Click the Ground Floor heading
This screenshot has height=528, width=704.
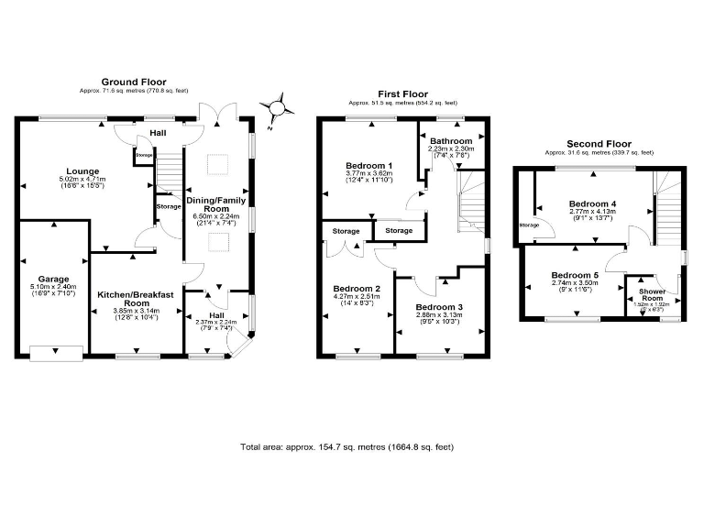pyautogui.click(x=134, y=82)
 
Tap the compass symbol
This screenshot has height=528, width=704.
pyautogui.click(x=276, y=109)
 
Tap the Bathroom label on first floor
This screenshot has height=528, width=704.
pyautogui.click(x=450, y=141)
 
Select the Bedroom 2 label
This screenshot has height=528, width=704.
pyautogui.click(x=352, y=287)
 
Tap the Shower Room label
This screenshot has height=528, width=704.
pyautogui.click(x=651, y=294)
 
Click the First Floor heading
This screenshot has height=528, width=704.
pyautogui.click(x=403, y=93)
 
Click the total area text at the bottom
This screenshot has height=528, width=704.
pyautogui.click(x=346, y=447)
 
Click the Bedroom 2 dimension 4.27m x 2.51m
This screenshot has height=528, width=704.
pyautogui.click(x=352, y=296)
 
